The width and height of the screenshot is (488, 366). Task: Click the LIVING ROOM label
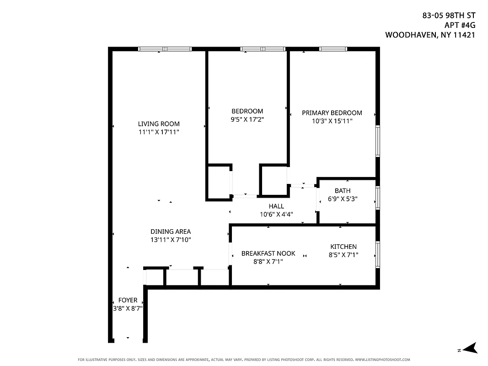click(x=159, y=124)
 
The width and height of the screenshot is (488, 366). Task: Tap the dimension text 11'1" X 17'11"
click(x=159, y=132)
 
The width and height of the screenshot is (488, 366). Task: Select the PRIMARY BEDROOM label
click(x=332, y=113)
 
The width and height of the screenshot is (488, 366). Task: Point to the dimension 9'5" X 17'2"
click(x=247, y=119)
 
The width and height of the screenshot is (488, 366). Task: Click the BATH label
click(x=343, y=191)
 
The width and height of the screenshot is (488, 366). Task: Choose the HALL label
click(x=276, y=206)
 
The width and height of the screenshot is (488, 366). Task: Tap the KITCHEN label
click(x=343, y=247)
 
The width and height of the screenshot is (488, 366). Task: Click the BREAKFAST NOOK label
click(x=268, y=253)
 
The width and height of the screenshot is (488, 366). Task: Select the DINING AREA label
click(x=171, y=231)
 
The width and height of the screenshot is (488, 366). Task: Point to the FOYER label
click(x=128, y=300)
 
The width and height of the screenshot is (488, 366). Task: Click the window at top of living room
click(x=165, y=49)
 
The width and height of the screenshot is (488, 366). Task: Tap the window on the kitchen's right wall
click(x=377, y=254)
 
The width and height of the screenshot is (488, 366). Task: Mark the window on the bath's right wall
click(x=377, y=197)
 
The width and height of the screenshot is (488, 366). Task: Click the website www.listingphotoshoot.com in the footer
click(x=382, y=360)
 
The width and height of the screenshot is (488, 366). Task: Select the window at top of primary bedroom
click(x=333, y=49)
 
